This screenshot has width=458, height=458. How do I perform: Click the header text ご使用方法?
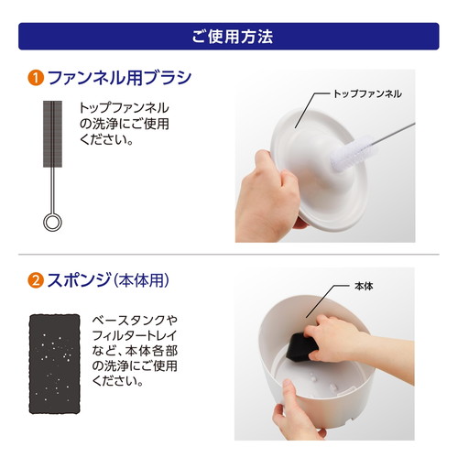(229, 36)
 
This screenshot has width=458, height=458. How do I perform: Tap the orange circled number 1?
(32, 78)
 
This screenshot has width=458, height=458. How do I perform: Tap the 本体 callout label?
(365, 286)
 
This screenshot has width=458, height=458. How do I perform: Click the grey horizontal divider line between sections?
(229, 254)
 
